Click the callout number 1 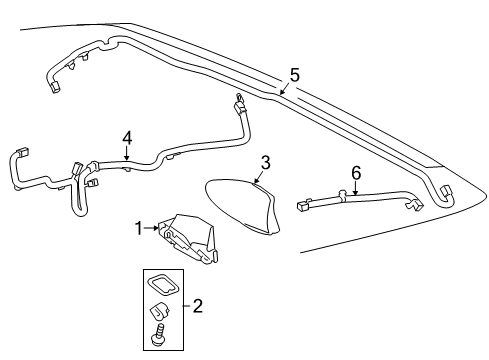138,228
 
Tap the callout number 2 197,306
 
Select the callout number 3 265,163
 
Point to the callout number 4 127,137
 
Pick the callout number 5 294,74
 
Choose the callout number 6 355,174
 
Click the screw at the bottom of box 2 158,339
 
